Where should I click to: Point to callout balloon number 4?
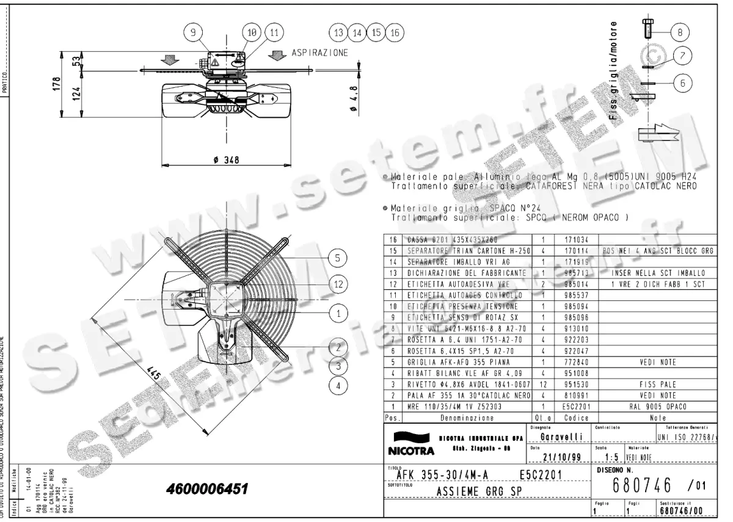(x=338, y=385)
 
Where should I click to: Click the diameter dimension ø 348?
(x=225, y=160)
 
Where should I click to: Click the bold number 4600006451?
(x=206, y=489)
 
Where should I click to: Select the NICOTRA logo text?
(x=410, y=452)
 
